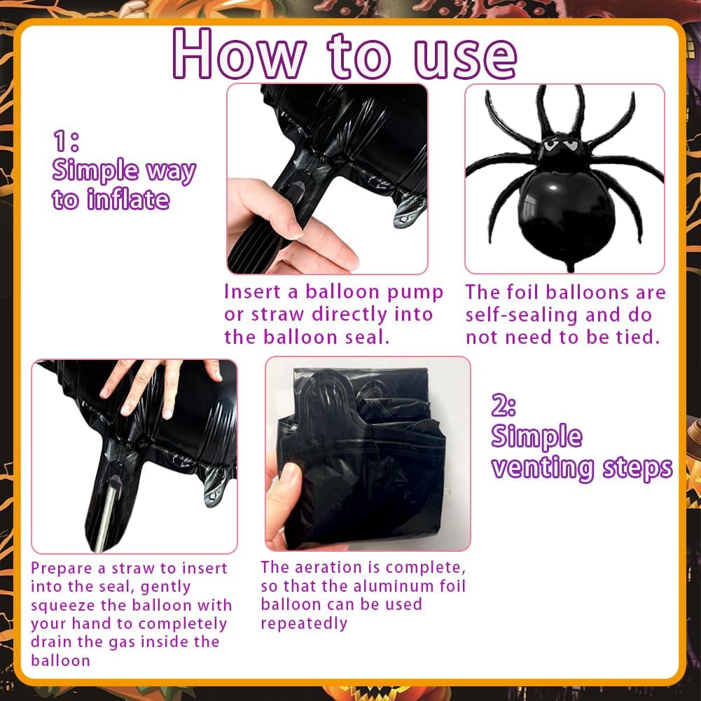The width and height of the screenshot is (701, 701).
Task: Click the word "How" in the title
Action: pos(240,54)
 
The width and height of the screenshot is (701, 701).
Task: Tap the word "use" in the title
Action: pos(466,59)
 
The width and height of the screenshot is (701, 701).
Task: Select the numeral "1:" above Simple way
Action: pos(66,141)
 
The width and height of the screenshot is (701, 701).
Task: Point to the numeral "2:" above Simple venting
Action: pos(504,405)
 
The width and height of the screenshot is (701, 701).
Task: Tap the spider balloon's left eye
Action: pos(550,145)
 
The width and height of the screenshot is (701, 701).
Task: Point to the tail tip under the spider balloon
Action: pos(571,269)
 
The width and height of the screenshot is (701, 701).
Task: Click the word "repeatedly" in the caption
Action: pos(304,623)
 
